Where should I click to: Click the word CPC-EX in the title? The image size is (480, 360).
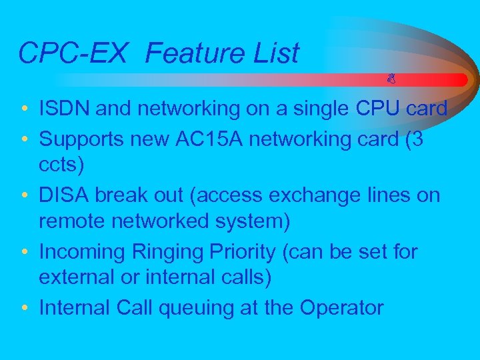click(x=72, y=53)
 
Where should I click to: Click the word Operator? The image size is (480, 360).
click(x=341, y=309)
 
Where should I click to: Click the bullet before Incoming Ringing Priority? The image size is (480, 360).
click(x=24, y=253)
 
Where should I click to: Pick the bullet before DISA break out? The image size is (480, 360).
click(x=24, y=196)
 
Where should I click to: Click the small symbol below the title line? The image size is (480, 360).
click(x=391, y=79)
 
